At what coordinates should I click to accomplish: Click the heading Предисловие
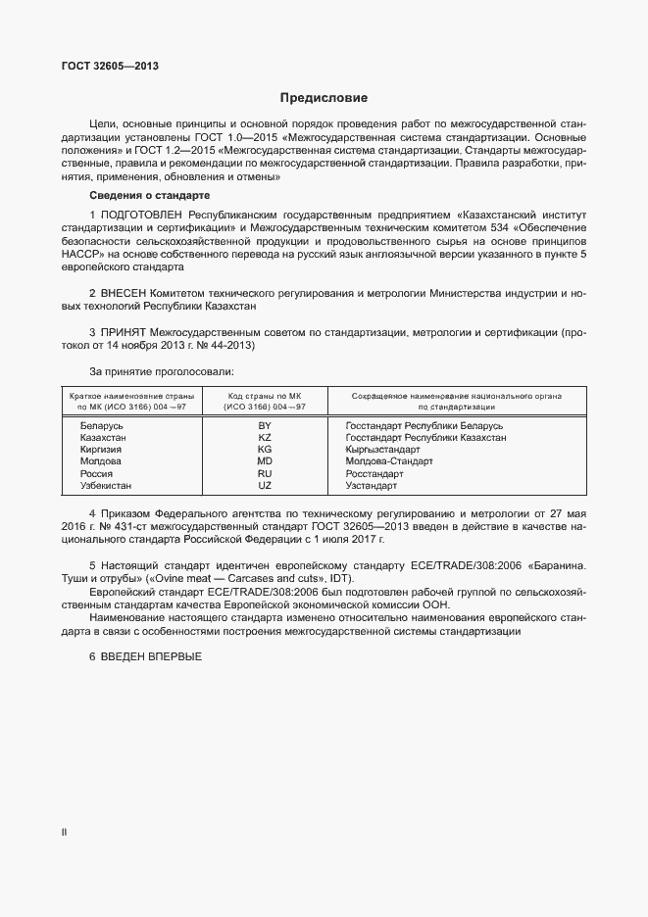pos(324,98)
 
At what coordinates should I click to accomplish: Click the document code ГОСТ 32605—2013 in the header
pos(110,67)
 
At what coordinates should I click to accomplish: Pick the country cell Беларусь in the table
pos(101,426)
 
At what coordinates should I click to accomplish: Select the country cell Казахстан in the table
pos(103,438)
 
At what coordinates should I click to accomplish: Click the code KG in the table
pos(264,450)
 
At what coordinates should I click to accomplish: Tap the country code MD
pos(264,461)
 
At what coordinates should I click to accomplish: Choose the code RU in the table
pos(264,473)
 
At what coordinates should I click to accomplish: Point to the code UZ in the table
pos(264,485)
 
